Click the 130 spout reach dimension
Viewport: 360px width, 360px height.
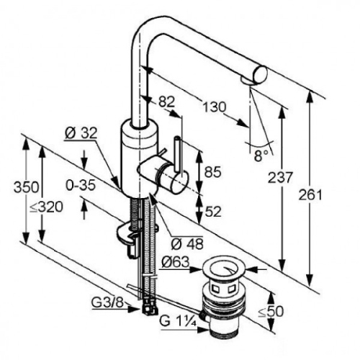point(215,107)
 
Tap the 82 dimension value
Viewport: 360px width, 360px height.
point(166,102)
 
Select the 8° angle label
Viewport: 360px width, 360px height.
point(261,156)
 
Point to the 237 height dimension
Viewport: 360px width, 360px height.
point(280,178)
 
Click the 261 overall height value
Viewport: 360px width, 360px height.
point(310,195)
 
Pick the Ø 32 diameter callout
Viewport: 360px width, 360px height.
point(81,132)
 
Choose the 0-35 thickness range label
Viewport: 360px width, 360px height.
point(81,186)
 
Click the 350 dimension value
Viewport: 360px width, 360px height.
point(26,187)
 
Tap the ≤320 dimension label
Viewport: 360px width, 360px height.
point(46,207)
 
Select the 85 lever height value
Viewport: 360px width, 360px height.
point(212,172)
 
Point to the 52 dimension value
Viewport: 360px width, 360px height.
point(212,212)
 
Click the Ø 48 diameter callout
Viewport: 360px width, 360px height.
point(187,244)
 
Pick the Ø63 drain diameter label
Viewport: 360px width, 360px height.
point(176,262)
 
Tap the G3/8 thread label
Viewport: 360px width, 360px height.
point(107,303)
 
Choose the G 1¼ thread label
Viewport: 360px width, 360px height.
point(178,322)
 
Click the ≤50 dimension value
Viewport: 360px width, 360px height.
point(271,312)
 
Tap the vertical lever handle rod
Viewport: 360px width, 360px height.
point(178,153)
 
